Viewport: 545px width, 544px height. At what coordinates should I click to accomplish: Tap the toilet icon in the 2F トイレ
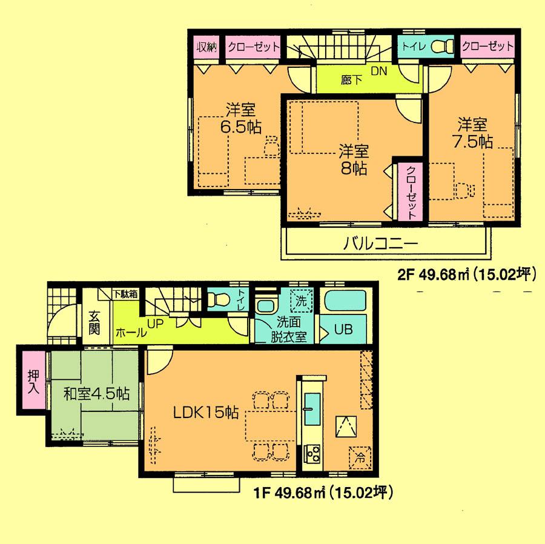[x=445, y=45]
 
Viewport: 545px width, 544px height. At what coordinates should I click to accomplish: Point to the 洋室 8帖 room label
[x=353, y=159]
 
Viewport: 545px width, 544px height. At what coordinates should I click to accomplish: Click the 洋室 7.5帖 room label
[x=474, y=133]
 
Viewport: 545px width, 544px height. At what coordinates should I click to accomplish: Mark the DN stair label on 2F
[x=379, y=71]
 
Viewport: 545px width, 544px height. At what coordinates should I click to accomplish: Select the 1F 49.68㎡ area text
[x=323, y=493]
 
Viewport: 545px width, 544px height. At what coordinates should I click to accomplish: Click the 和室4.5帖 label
[x=96, y=394]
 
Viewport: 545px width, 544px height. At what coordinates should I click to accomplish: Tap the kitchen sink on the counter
[x=313, y=410]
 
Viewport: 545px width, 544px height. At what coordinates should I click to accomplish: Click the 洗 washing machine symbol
[x=300, y=299]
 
